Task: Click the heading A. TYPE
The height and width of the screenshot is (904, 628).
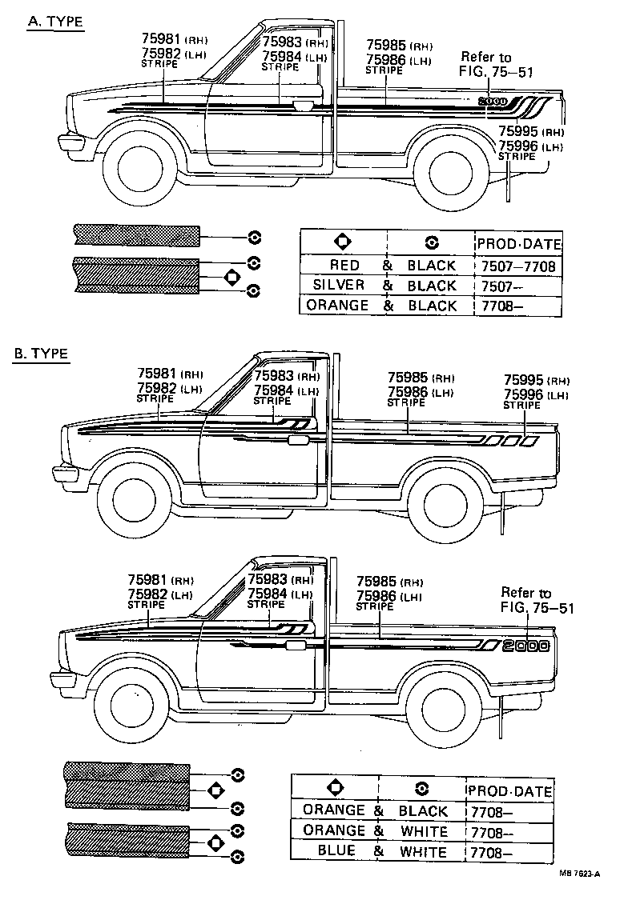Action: point(55,22)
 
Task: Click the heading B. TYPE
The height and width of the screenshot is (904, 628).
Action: point(41,353)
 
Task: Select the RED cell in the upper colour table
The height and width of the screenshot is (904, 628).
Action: point(344,265)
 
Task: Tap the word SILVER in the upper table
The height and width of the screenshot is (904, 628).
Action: point(339,285)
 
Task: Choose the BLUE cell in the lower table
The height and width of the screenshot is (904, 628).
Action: point(336,851)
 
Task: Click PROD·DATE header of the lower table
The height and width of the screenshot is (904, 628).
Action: point(509,790)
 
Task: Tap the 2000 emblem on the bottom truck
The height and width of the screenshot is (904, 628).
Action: point(526,646)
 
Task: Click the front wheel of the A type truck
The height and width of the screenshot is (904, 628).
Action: point(138,167)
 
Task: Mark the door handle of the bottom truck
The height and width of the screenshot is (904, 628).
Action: point(297,645)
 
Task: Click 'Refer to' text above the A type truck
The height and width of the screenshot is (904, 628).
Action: point(485,57)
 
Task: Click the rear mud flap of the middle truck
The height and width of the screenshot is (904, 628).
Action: point(504,512)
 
